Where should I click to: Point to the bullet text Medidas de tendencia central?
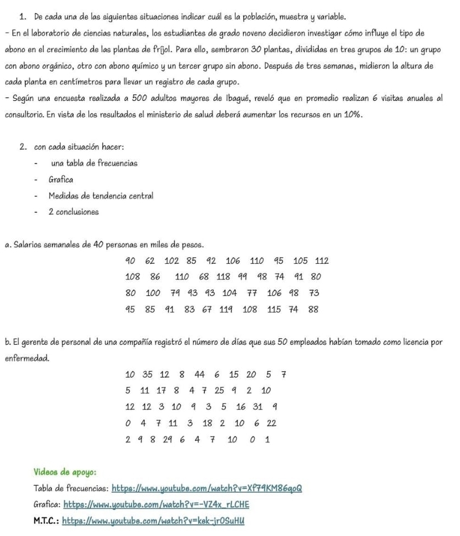(x=100, y=196)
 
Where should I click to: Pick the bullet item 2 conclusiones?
(x=73, y=212)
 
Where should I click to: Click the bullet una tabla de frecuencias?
(x=94, y=164)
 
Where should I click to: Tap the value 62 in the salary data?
(x=150, y=261)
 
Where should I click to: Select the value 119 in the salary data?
(x=224, y=309)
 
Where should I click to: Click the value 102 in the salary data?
(x=172, y=261)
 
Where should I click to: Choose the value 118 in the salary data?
(x=224, y=276)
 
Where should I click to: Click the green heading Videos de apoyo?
(x=65, y=472)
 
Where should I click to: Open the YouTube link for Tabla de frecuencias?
(x=206, y=489)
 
